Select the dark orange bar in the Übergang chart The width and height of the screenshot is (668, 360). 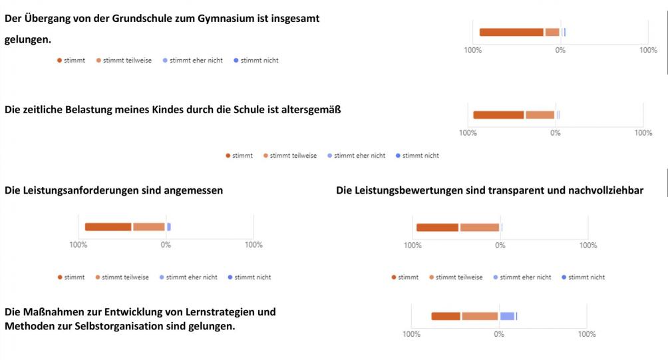(511, 32)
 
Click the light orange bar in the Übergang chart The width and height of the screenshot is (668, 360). (552, 32)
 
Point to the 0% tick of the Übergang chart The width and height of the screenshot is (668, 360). (561, 50)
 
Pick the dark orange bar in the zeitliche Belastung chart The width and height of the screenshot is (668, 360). (498, 115)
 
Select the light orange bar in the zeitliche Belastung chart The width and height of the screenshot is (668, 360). (540, 115)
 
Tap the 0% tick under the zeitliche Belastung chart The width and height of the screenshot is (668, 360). (556, 132)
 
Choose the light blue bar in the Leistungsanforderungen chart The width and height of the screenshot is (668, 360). (169, 227)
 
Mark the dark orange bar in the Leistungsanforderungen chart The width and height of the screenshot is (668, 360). (108, 227)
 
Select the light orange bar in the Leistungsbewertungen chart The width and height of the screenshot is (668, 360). (479, 228)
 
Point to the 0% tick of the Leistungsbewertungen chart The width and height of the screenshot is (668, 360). (500, 245)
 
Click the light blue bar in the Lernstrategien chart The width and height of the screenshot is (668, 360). (507, 316)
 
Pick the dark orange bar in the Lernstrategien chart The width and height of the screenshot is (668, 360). (446, 316)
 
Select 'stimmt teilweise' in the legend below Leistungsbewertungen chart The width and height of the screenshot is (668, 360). (459, 277)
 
